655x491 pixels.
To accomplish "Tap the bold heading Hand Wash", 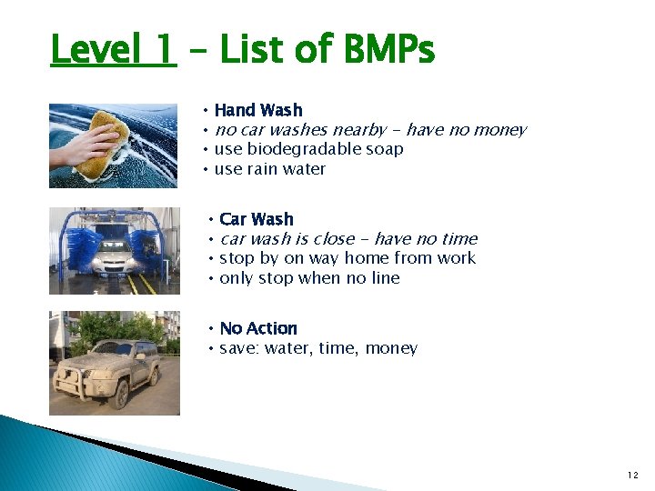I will click(x=258, y=110).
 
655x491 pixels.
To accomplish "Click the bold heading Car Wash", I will click(x=257, y=219).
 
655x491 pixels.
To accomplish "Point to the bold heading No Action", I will click(x=258, y=328).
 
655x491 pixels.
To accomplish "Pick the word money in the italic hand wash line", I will click(x=499, y=130).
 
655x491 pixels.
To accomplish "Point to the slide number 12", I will click(x=632, y=475).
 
